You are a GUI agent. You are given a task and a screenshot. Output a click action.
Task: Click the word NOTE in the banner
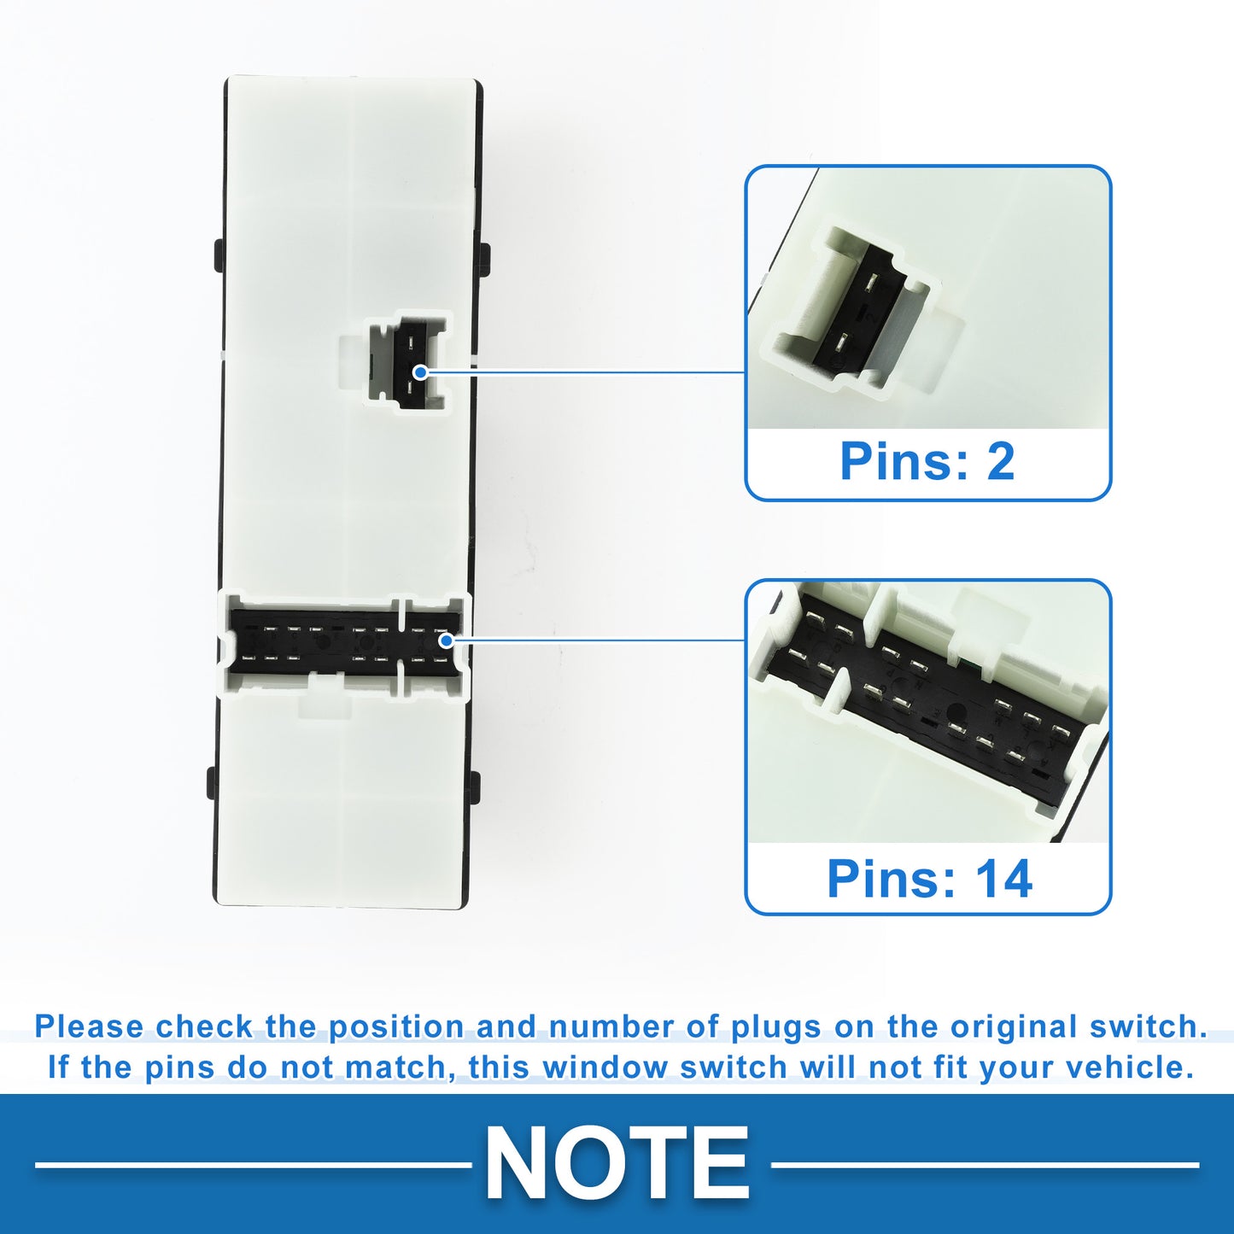pos(617,1163)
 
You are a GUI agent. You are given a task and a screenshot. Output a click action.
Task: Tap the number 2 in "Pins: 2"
pos(1001,461)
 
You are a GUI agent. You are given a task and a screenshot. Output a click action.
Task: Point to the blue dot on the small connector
pos(420,371)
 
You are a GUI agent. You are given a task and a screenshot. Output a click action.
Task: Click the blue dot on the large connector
pos(447,640)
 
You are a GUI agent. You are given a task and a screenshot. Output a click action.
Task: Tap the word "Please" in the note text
pos(89,1026)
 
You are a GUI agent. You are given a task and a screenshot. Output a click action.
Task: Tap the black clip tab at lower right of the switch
pos(476,786)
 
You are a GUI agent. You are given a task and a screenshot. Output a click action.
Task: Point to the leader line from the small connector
pos(586,371)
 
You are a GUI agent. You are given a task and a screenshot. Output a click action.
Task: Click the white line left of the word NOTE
pos(254,1164)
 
